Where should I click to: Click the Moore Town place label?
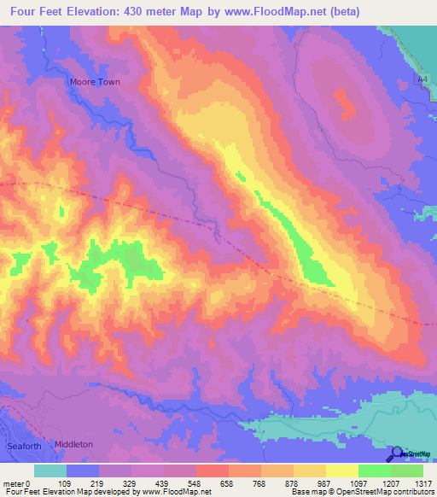[94, 82]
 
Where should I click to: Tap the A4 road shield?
[422, 79]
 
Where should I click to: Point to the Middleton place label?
[73, 445]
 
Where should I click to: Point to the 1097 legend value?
[358, 482]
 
